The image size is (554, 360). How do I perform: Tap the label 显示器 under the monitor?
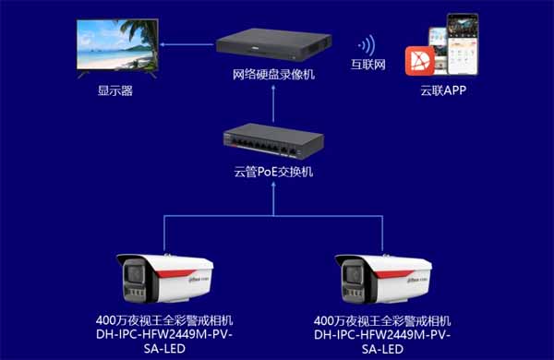115,90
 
